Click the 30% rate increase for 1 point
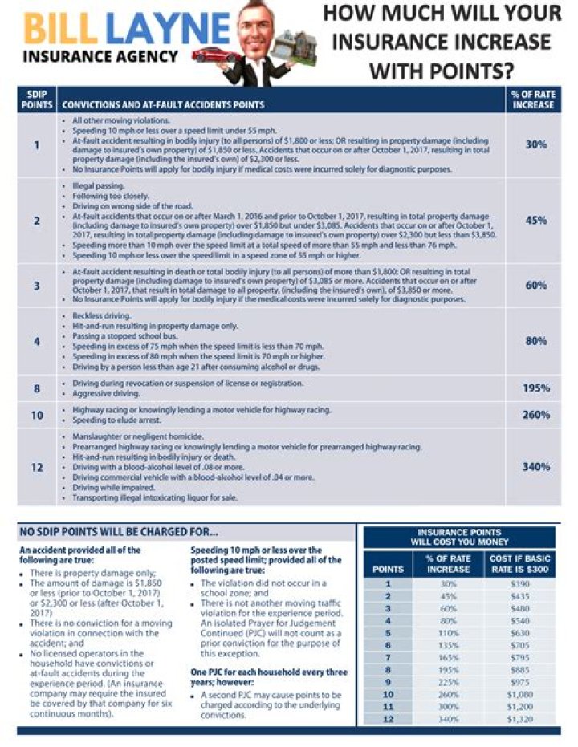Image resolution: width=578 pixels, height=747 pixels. [536, 144]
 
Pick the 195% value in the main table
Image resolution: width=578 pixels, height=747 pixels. [536, 388]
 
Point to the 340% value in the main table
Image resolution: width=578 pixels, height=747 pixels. [536, 467]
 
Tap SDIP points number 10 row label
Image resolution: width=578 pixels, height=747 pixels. [37, 415]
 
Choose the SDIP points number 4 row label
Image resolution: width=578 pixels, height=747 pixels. [37, 341]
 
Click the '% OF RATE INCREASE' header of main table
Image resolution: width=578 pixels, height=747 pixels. [533, 99]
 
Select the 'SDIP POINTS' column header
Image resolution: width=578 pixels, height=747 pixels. [37, 99]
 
